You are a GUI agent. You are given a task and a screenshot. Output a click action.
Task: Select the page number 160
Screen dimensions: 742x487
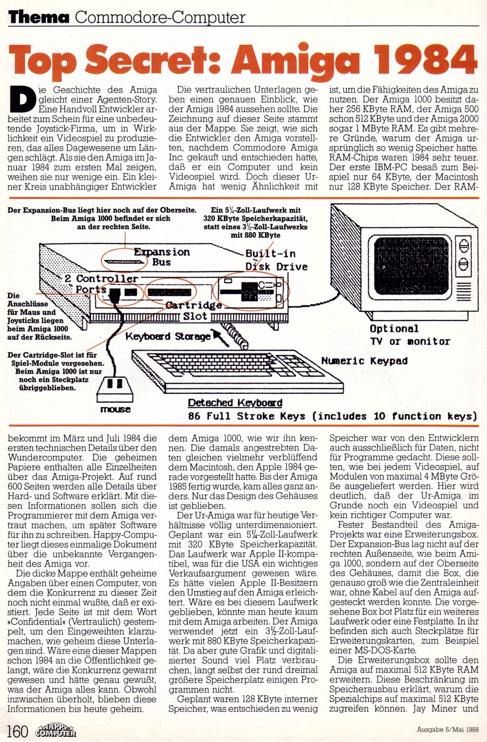pyautogui.click(x=18, y=731)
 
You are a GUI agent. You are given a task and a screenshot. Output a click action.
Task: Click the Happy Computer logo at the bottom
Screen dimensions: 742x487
pyautogui.click(x=56, y=730)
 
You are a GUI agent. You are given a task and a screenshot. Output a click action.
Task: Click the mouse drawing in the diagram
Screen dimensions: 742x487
pyautogui.click(x=116, y=388)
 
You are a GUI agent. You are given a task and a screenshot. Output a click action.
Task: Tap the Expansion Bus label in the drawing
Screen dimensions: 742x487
pyautogui.click(x=162, y=256)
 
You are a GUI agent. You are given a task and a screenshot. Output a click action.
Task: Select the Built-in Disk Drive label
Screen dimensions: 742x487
pyautogui.click(x=276, y=260)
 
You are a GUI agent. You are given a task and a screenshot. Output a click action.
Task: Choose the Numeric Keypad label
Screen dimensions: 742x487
pyautogui.click(x=364, y=361)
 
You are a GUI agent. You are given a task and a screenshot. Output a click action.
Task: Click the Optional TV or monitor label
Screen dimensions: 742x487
pyautogui.click(x=409, y=335)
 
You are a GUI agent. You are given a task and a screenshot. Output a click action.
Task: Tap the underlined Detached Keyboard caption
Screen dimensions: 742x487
pyautogui.click(x=235, y=403)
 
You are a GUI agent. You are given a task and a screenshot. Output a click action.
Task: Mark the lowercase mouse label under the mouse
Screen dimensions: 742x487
pyautogui.click(x=116, y=409)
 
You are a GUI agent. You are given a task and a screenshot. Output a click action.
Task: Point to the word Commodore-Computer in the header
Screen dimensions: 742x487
pyautogui.click(x=160, y=18)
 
